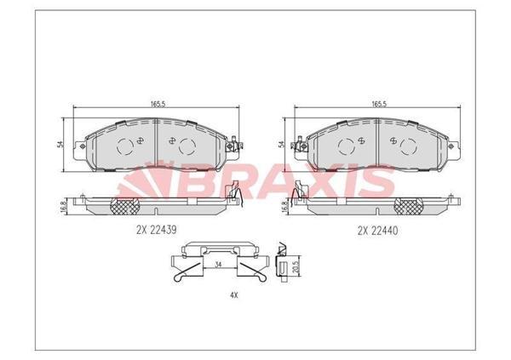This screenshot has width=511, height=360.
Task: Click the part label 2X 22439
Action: [157, 230]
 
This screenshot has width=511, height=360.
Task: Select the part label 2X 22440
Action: [378, 230]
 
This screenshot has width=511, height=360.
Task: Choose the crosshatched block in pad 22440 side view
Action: [411, 204]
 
